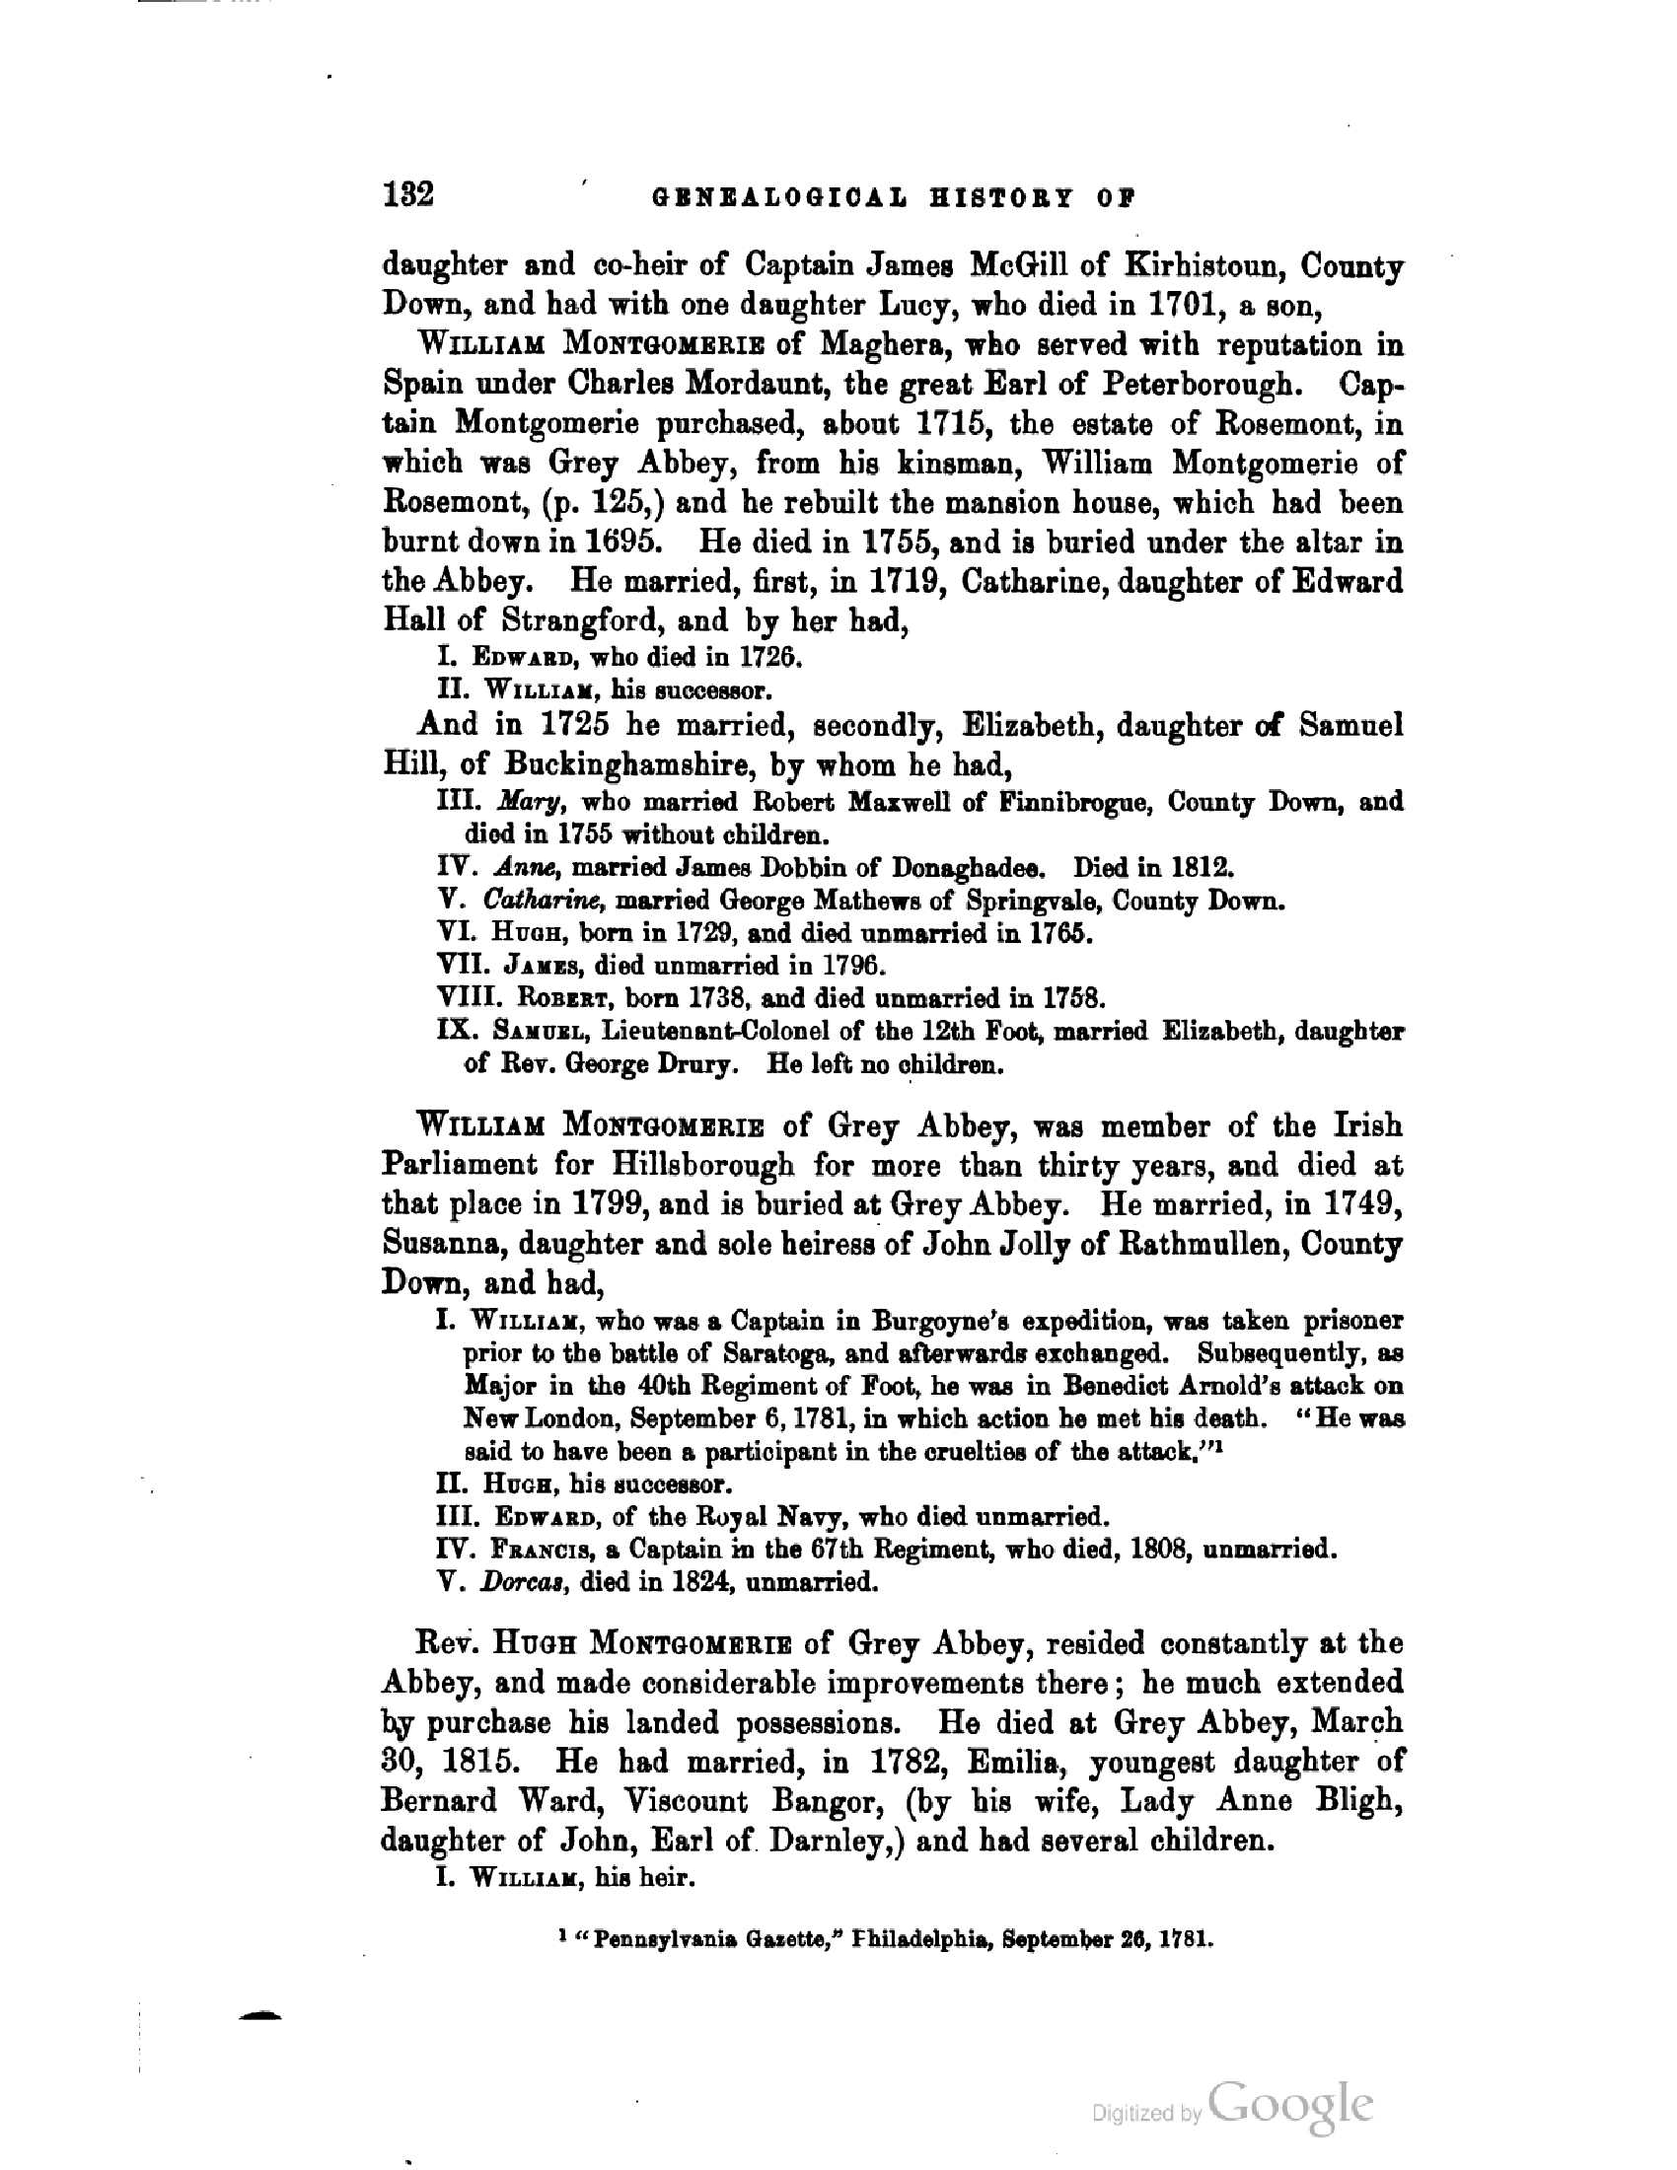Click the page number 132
coord(408,193)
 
